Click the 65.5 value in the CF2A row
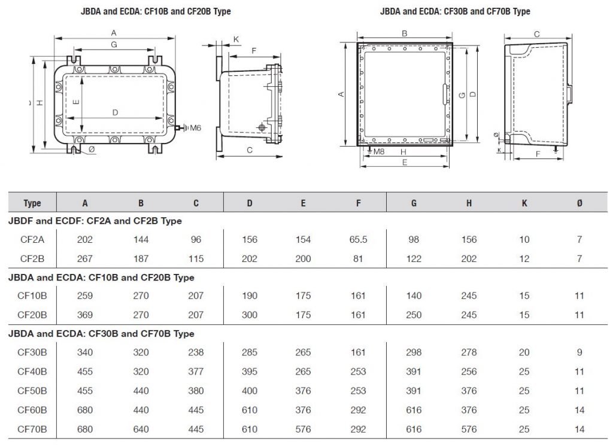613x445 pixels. (358, 239)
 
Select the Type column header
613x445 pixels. (32, 203)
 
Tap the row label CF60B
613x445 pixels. (32, 410)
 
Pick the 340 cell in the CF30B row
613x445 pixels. (85, 352)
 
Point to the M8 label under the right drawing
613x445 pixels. (378, 152)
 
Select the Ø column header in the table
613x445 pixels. (579, 203)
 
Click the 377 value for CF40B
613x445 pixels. (196, 371)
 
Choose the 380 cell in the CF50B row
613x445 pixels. (196, 391)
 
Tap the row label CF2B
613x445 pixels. (32, 258)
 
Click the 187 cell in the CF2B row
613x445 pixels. (141, 258)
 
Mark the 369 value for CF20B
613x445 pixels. (85, 315)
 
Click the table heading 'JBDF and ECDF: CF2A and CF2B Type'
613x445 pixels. (95, 221)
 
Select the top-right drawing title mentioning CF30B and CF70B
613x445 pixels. (455, 11)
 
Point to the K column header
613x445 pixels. (524, 203)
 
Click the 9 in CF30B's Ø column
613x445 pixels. (579, 352)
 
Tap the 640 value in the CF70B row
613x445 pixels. (141, 429)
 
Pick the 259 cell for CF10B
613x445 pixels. (85, 295)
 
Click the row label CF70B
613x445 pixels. (32, 429)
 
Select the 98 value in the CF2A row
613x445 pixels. (414, 239)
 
